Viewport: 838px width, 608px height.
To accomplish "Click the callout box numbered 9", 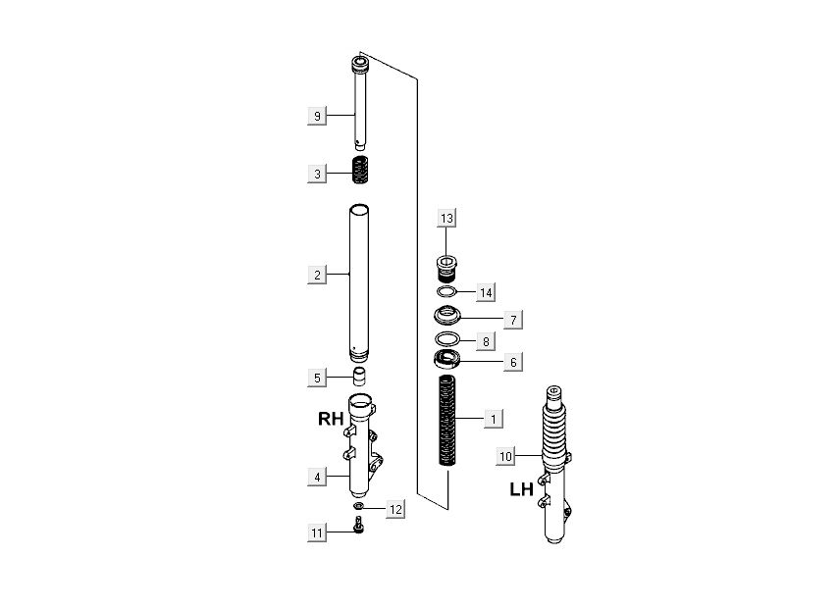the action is coord(317,116).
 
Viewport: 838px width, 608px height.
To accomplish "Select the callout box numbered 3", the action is coord(317,174).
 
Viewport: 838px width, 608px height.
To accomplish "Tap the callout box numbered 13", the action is coord(446,218).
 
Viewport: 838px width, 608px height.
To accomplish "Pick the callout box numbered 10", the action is coord(505,456).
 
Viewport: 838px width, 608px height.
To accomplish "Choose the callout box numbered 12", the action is coord(395,510).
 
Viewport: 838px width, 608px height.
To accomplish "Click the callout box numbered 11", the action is coord(317,532).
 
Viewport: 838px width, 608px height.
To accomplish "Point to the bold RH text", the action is coord(331,419).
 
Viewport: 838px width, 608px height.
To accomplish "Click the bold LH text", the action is coord(522,489).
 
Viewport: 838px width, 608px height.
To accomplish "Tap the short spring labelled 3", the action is coord(360,170).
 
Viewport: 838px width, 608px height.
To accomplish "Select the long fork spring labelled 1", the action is coord(446,421).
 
